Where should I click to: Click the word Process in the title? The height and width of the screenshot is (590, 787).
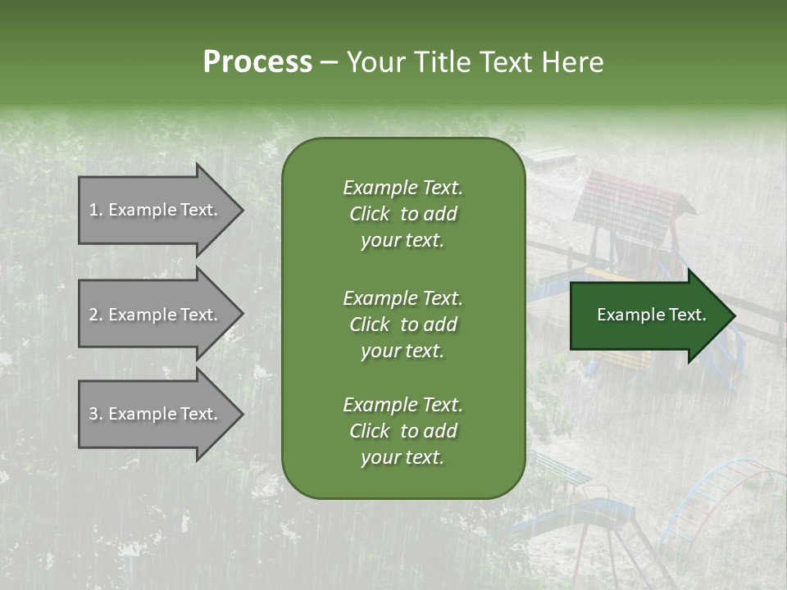click(x=257, y=61)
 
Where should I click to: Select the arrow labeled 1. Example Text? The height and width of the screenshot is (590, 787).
click(x=156, y=210)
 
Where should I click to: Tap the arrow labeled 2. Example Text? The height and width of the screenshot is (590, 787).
click(x=156, y=315)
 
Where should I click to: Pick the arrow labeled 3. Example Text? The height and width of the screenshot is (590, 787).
click(x=156, y=414)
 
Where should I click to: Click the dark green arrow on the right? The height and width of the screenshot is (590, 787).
click(x=648, y=315)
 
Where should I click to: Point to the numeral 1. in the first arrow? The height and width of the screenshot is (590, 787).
click(x=96, y=210)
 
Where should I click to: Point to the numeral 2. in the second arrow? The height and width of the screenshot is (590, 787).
click(x=96, y=315)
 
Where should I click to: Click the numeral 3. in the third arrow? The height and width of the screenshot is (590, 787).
click(x=96, y=414)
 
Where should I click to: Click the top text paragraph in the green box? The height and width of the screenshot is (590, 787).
click(x=403, y=214)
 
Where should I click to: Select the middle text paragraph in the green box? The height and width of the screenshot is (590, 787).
click(x=403, y=324)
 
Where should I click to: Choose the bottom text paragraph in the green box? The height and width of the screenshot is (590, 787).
click(x=403, y=431)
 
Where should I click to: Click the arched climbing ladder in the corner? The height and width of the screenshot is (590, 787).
click(x=721, y=492)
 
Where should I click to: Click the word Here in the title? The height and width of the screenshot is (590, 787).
click(x=573, y=61)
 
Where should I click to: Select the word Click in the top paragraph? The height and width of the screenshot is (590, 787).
click(x=369, y=214)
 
